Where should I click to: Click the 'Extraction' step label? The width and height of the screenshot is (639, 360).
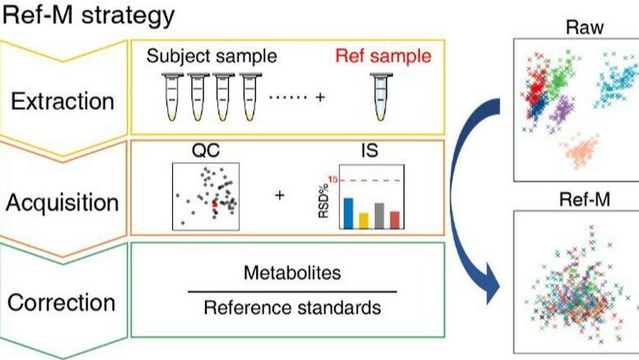point(62,101)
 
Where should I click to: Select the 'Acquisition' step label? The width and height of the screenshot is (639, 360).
point(63,202)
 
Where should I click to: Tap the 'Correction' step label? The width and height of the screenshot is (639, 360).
point(62,302)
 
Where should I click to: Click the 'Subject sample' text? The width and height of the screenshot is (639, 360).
point(212,58)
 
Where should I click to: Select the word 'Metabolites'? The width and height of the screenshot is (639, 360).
point(292,272)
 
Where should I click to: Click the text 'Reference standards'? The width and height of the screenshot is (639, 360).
point(292,308)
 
